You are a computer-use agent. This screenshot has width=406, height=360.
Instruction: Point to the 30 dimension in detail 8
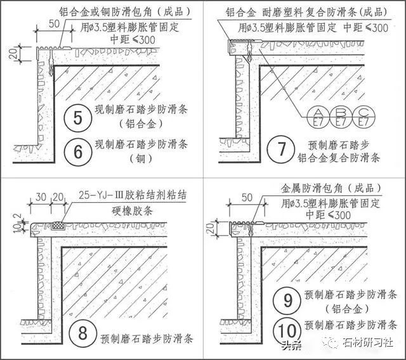[40, 199]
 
